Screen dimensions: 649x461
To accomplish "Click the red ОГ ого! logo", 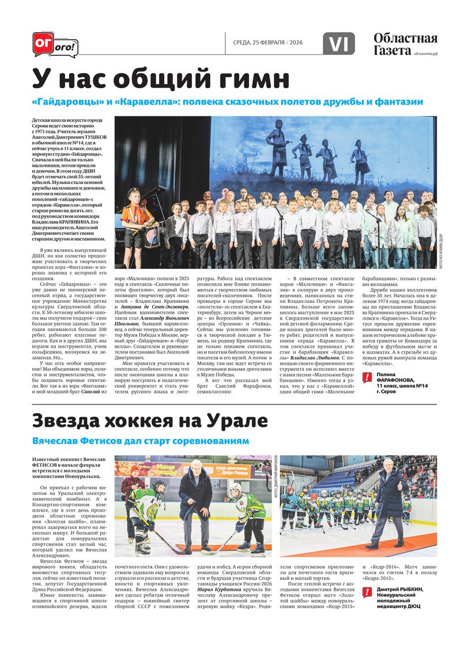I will (55, 44).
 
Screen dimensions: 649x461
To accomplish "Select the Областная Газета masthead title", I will (405, 44).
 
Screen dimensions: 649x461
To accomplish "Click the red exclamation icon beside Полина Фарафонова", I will (367, 378).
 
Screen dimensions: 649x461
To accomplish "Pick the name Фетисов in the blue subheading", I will (105, 441).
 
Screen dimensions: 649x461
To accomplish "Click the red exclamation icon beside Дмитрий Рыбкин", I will (367, 592).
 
